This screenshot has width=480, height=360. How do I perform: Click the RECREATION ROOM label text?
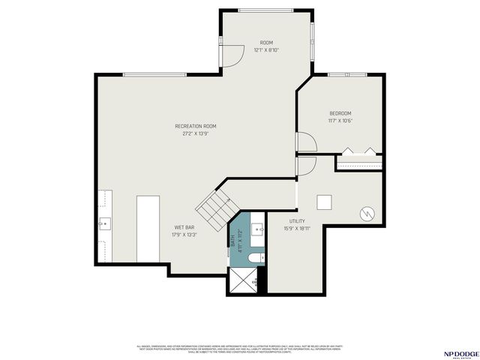(196, 126)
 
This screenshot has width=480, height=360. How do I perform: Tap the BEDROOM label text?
(340, 113)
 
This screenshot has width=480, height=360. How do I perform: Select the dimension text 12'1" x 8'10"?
(265, 50)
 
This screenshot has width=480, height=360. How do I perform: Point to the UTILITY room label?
(296, 221)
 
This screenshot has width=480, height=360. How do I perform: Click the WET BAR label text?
(184, 226)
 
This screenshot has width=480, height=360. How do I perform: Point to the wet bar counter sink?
(104, 223)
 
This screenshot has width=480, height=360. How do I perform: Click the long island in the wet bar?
(148, 229)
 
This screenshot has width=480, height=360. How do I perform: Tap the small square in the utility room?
(325, 202)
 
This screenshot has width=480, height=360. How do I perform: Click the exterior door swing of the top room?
(234, 54)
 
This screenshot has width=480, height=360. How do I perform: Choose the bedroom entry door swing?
(306, 142)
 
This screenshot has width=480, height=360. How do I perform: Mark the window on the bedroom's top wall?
(347, 74)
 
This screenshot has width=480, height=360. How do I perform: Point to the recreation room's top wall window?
(154, 74)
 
